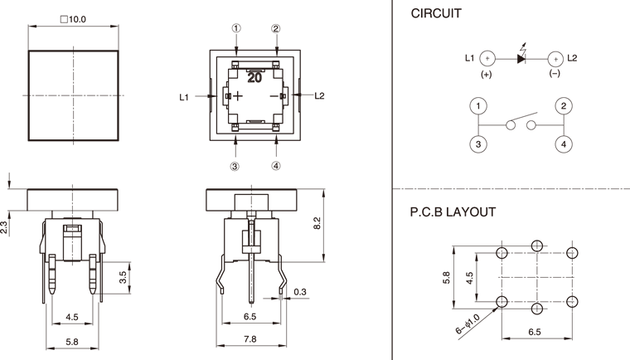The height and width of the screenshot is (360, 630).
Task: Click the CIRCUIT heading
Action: tap(436, 14)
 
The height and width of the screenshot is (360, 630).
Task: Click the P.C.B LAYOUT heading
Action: tap(453, 212)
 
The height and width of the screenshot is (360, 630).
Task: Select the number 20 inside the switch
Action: tap(254, 77)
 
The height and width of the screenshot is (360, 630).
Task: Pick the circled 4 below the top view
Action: tap(276, 165)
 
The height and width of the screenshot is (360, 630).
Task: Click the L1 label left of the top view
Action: tap(184, 97)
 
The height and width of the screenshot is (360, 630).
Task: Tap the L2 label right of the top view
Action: tap(319, 96)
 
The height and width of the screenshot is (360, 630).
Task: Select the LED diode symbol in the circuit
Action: tap(522, 58)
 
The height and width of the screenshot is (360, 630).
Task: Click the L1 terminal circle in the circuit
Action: tap(487, 58)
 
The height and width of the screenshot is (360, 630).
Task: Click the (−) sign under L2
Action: tap(555, 74)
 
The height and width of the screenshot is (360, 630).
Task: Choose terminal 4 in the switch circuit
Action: tap(564, 144)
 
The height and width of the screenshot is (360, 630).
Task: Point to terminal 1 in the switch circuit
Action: tap(478, 106)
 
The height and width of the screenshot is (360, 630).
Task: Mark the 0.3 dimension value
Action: tap(300, 291)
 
